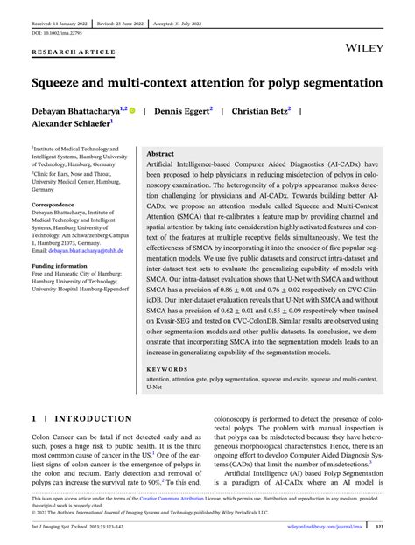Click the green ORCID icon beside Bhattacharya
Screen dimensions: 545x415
coord(134,112)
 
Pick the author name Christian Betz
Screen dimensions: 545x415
coord(259,113)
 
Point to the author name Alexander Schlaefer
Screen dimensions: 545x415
coord(70,126)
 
